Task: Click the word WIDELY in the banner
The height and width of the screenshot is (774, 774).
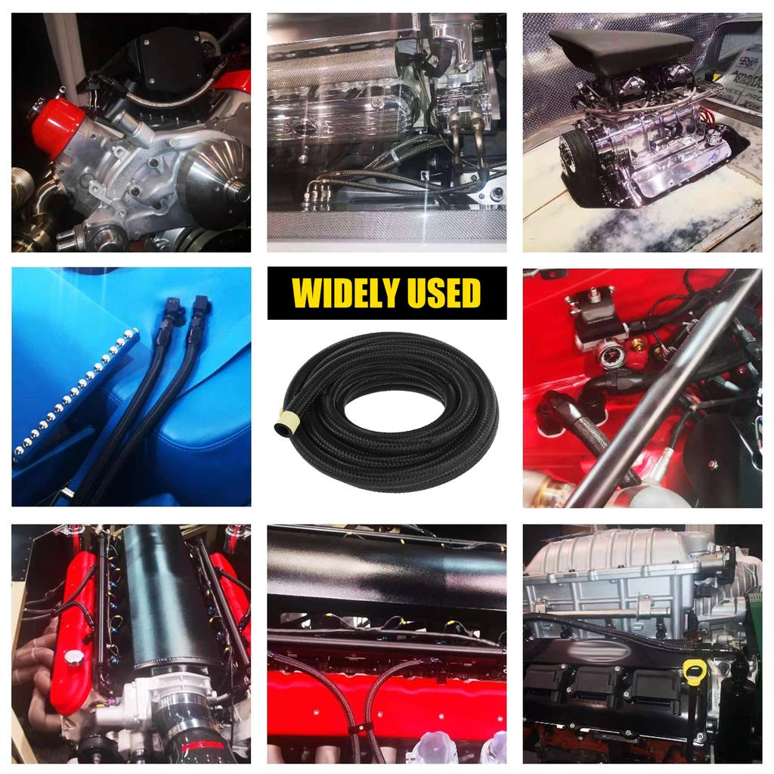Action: (345, 293)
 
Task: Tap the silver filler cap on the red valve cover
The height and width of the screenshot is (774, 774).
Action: (74, 658)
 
